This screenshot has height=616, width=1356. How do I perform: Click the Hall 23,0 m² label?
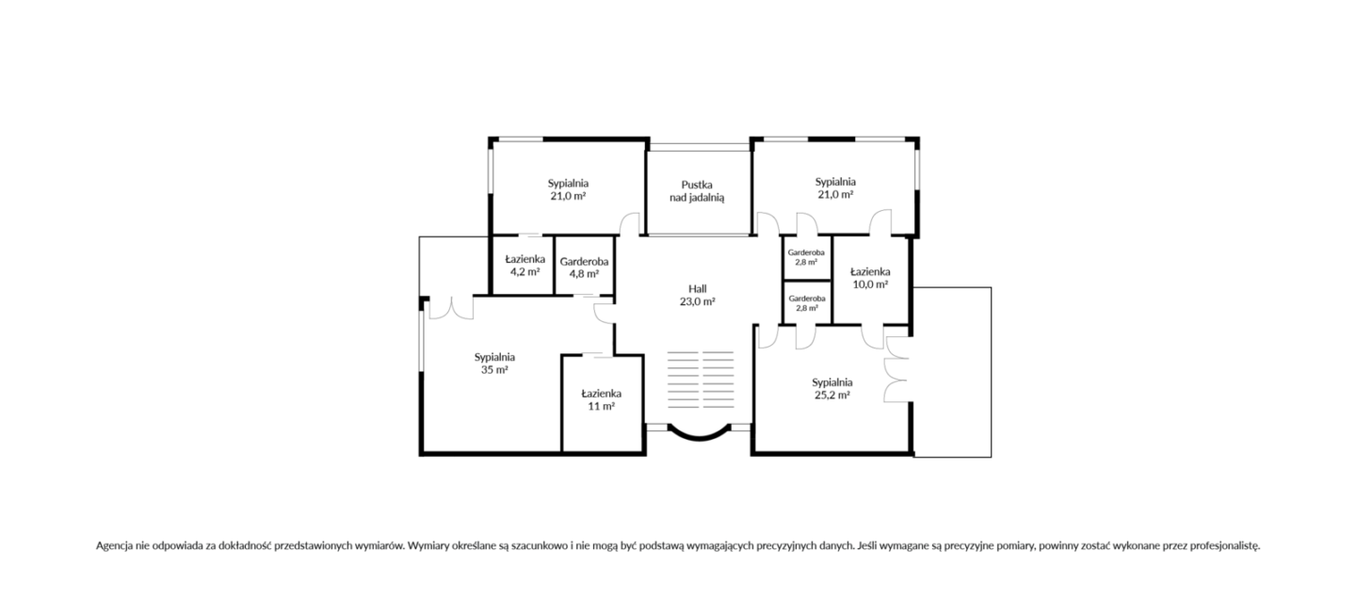(698, 295)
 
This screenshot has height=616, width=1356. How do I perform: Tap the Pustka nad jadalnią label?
(697, 191)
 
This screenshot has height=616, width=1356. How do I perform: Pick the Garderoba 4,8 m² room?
(585, 266)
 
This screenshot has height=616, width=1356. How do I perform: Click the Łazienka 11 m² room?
(602, 403)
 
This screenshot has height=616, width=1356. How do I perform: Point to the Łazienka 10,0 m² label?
(870, 278)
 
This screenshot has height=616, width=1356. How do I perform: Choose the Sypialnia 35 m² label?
(494, 364)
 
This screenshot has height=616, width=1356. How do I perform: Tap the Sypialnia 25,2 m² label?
(832, 388)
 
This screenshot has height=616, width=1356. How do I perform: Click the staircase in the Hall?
(701, 380)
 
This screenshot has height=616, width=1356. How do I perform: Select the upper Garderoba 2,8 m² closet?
(807, 257)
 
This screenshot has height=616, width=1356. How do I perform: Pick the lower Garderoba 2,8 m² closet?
(807, 303)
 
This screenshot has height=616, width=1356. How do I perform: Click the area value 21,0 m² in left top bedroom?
(568, 196)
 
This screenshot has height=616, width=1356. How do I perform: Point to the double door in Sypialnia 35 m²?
(451, 308)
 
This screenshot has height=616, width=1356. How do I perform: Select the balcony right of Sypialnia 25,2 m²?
(952, 372)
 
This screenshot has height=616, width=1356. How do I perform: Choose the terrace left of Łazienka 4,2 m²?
(454, 266)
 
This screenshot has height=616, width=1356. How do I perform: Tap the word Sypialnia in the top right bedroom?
(835, 182)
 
